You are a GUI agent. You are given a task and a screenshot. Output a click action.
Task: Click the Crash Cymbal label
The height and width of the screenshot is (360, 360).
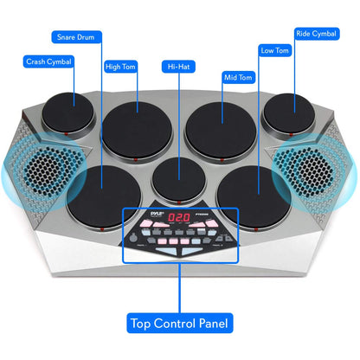pos(48,61)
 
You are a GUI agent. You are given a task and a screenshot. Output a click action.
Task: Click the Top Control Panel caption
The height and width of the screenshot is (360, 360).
pos(180,325)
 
